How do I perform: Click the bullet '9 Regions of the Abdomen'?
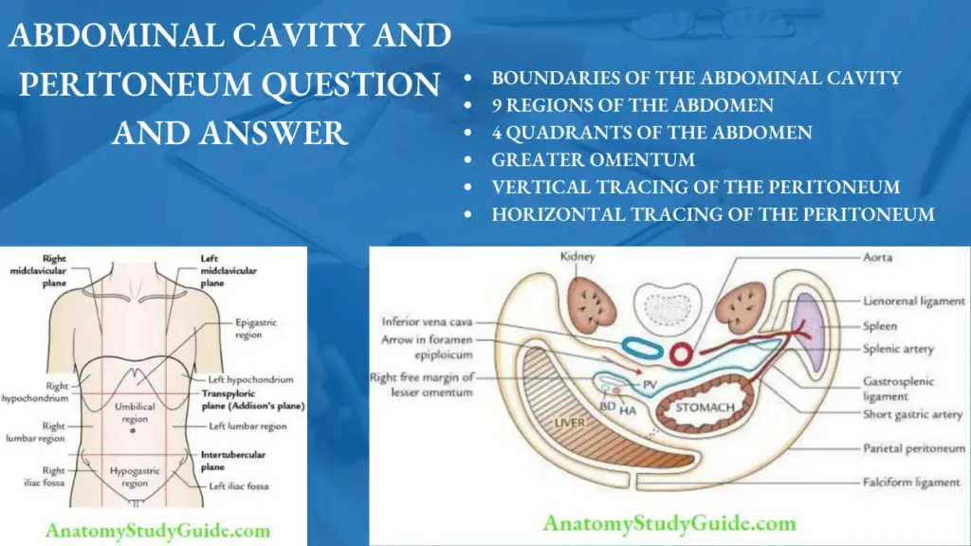click(632, 105)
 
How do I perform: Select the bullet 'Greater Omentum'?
click(593, 160)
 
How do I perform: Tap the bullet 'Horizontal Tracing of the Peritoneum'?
click(712, 214)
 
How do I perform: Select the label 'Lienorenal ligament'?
click(914, 301)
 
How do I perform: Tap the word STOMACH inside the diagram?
click(705, 409)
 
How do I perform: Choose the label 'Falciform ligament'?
click(910, 482)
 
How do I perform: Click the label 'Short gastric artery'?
click(911, 414)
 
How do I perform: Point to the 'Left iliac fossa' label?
click(238, 486)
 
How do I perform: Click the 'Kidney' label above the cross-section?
click(576, 257)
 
